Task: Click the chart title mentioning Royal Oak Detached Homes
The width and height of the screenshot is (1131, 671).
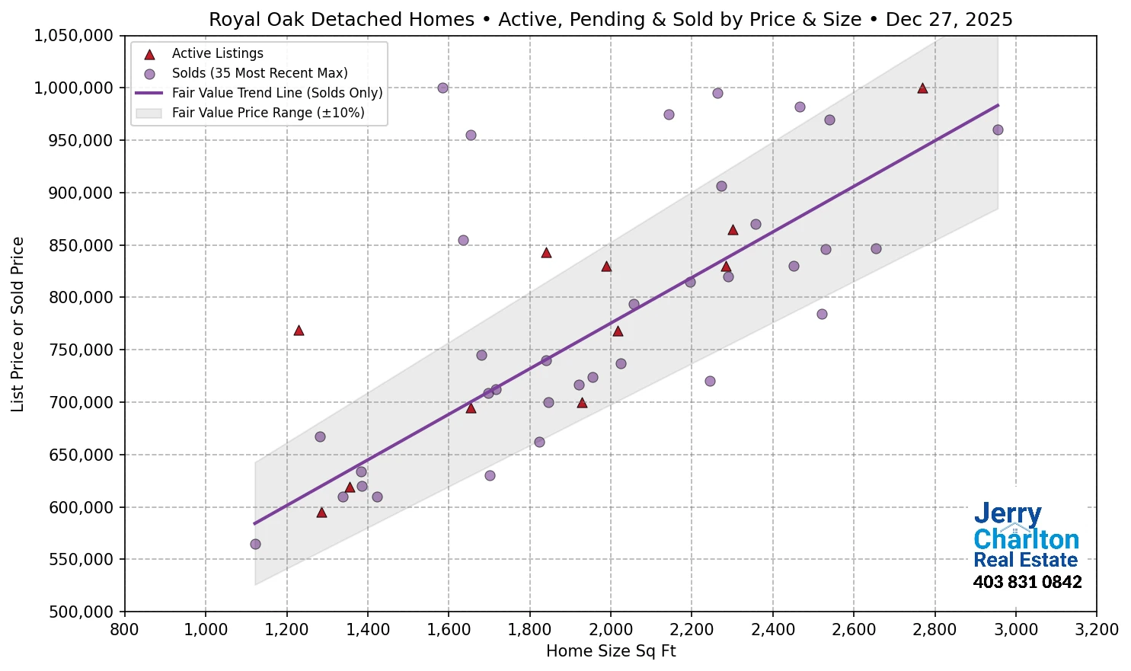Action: click(611, 19)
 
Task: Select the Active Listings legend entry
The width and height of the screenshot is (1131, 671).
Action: click(217, 53)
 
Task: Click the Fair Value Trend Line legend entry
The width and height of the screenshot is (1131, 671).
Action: click(276, 93)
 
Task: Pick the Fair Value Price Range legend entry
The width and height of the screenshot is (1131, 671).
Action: click(267, 113)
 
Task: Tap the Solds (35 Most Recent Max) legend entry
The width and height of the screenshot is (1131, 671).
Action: click(259, 73)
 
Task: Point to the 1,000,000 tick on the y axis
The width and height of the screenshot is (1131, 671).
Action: click(73, 88)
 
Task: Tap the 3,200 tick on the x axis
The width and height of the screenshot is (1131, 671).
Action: click(1096, 630)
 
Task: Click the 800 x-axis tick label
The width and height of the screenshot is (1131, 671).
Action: click(124, 630)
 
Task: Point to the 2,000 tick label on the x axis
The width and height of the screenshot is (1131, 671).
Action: click(611, 630)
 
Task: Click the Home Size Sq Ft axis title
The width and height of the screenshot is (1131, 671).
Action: click(611, 651)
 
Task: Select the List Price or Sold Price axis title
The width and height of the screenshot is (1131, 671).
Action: click(18, 324)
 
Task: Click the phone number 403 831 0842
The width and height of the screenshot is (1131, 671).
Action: click(1027, 583)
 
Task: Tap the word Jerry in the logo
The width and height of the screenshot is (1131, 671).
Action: click(1007, 514)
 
